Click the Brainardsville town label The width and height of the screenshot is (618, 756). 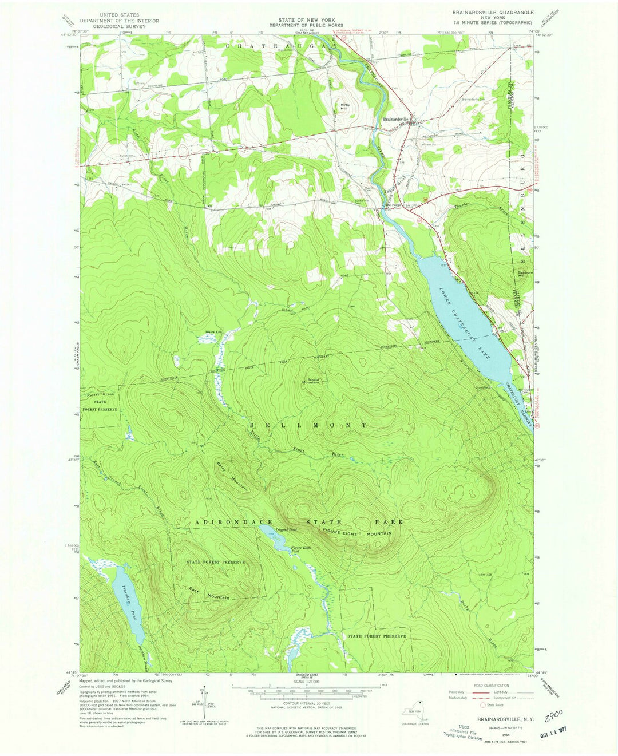[x=395, y=119]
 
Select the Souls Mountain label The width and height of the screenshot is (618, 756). [x=312, y=381]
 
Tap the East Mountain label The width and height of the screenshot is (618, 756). [x=209, y=593]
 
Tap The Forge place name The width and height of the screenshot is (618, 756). [x=393, y=205]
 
